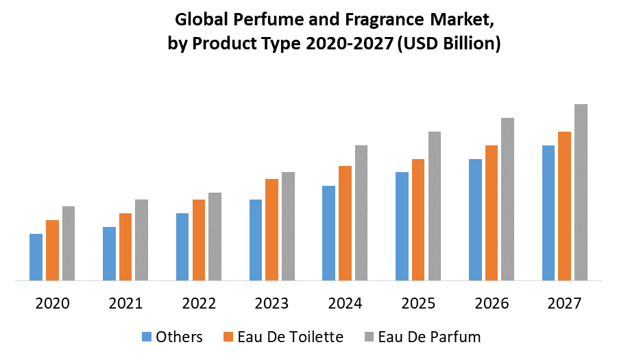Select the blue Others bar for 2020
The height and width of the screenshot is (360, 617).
36,257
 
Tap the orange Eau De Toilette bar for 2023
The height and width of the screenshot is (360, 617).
271,230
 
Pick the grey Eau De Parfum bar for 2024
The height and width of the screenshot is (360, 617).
361,213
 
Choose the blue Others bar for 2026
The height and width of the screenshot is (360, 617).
475,219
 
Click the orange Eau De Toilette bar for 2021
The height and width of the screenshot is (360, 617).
125,247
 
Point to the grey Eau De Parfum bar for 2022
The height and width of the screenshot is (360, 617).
215,237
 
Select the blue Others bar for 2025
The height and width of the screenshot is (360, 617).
402,226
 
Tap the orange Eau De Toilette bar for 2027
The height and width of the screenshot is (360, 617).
564,206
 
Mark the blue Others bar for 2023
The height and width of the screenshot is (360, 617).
255,240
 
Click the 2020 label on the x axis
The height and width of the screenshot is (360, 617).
52,303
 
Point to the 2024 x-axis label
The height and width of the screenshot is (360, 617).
345,303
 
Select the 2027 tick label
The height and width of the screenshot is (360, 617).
564,303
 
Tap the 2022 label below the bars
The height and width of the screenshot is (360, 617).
198,303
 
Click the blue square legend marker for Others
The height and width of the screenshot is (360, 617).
146,337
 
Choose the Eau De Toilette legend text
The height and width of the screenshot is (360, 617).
290,337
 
